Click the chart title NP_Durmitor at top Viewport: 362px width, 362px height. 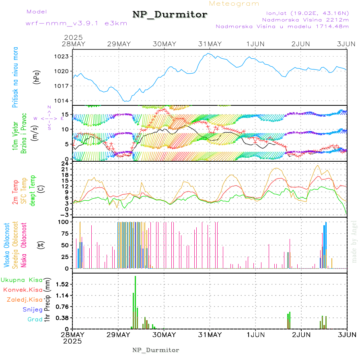[x=170, y=15]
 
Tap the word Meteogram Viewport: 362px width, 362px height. [x=234, y=4]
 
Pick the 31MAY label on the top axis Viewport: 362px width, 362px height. [x=210, y=44]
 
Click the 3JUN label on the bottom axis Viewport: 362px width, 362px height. [x=347, y=334]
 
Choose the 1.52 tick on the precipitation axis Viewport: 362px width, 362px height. [x=62, y=284]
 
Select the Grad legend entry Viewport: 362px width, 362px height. [x=35, y=319]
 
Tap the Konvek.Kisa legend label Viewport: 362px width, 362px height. [x=23, y=290]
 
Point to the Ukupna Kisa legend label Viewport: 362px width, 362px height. [x=21, y=280]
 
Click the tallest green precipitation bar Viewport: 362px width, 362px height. [x=136, y=302]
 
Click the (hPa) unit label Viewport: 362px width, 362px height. [x=37, y=76]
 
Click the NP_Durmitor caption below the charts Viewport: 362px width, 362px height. [x=156, y=350]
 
